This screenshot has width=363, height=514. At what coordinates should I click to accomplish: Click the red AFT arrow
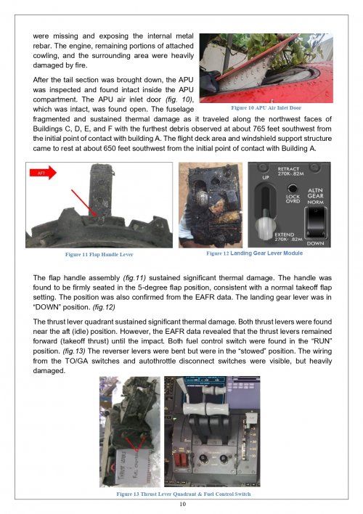coord(43,173)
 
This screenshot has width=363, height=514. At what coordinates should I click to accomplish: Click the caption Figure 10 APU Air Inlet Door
coord(266,108)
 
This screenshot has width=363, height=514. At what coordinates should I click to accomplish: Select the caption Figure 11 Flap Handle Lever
coord(99,254)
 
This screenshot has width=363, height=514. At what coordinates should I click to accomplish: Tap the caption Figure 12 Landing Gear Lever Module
coord(254,253)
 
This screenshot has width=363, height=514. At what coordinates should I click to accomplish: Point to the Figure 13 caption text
coord(183,494)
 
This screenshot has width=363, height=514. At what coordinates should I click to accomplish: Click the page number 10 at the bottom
coord(183,504)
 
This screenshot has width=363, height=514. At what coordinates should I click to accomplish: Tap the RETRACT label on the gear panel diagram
coord(288,169)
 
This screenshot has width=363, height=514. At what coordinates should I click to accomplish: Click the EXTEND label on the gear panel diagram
coord(285,234)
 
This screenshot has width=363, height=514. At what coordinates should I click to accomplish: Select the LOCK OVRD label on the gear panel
coord(293,199)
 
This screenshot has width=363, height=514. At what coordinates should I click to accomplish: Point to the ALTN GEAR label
coord(316,193)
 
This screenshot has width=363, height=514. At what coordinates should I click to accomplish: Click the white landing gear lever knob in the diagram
coord(265,227)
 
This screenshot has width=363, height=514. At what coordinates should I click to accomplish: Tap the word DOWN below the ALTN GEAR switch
coord(316,243)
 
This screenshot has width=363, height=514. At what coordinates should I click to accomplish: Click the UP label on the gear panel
coord(266,177)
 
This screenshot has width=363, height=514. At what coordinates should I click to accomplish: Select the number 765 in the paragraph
coord(258,128)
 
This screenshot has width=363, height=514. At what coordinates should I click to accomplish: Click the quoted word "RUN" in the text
coord(322,341)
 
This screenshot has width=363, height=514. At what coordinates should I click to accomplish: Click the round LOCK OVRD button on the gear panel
coord(293,188)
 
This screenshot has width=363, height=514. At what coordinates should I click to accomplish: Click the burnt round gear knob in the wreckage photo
coord(201,199)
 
